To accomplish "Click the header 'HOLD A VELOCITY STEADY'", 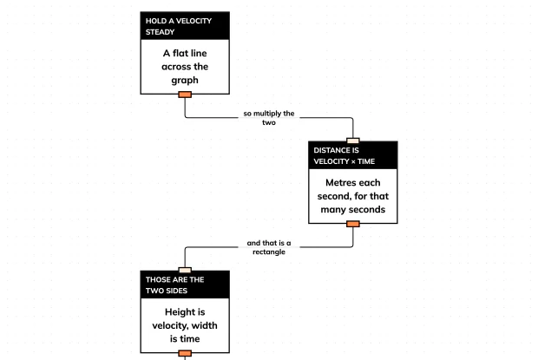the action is tap(179, 26).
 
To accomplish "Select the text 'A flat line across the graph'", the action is tap(185, 67).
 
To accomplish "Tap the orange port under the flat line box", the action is tap(185, 95).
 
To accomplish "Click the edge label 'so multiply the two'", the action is tap(269, 118).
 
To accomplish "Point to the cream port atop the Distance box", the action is tap(353, 141).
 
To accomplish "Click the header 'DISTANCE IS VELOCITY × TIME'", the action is tap(344, 155).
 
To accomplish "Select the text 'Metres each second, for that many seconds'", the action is tap(353, 196).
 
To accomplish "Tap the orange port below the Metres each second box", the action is tap(353, 224).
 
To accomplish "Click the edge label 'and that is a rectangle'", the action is tap(269, 247).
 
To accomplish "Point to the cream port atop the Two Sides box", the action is tap(185, 270).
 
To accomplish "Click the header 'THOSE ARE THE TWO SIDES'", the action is tap(174, 285).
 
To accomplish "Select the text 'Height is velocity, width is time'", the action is tap(185, 325).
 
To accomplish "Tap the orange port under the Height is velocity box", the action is tap(185, 353).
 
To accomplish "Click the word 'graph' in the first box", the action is tap(185, 81).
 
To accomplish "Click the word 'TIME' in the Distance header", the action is tap(366, 161).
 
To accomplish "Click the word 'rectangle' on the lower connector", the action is tap(269, 252).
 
